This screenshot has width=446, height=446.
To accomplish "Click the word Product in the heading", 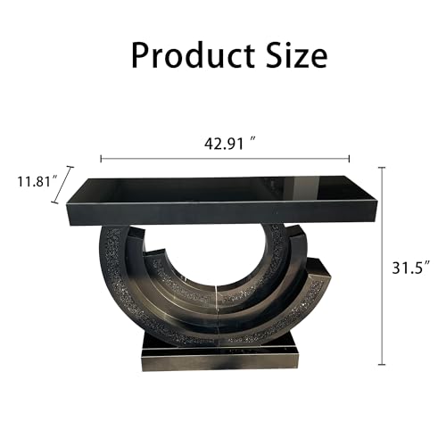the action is [x=193, y=55].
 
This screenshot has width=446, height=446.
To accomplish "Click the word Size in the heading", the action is [x=296, y=54].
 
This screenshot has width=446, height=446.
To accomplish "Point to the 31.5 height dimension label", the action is [x=411, y=268].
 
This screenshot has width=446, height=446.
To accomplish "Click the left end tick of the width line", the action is [x=102, y=159].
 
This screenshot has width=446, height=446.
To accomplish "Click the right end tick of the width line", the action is [x=349, y=159].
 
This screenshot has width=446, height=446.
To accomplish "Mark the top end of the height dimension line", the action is [x=382, y=168].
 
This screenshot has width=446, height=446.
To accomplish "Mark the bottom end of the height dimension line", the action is [x=382, y=364].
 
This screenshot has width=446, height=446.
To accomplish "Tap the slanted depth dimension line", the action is [x=62, y=185].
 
